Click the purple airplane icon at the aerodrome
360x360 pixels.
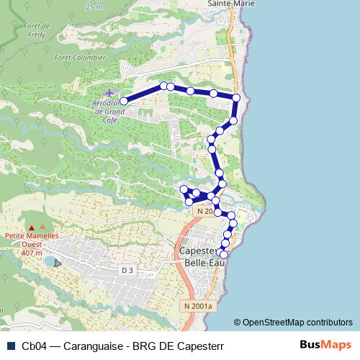(109, 94)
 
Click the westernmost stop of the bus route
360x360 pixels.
(124, 102)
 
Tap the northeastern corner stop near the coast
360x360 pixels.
(236, 97)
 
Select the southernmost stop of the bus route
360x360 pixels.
(223, 254)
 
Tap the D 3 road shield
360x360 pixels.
(127, 270)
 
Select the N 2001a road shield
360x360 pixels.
(198, 306)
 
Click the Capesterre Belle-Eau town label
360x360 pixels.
(198, 257)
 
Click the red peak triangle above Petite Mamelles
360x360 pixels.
(31, 228)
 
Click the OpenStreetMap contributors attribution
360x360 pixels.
(293, 323)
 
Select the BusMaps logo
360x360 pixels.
(325, 345)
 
